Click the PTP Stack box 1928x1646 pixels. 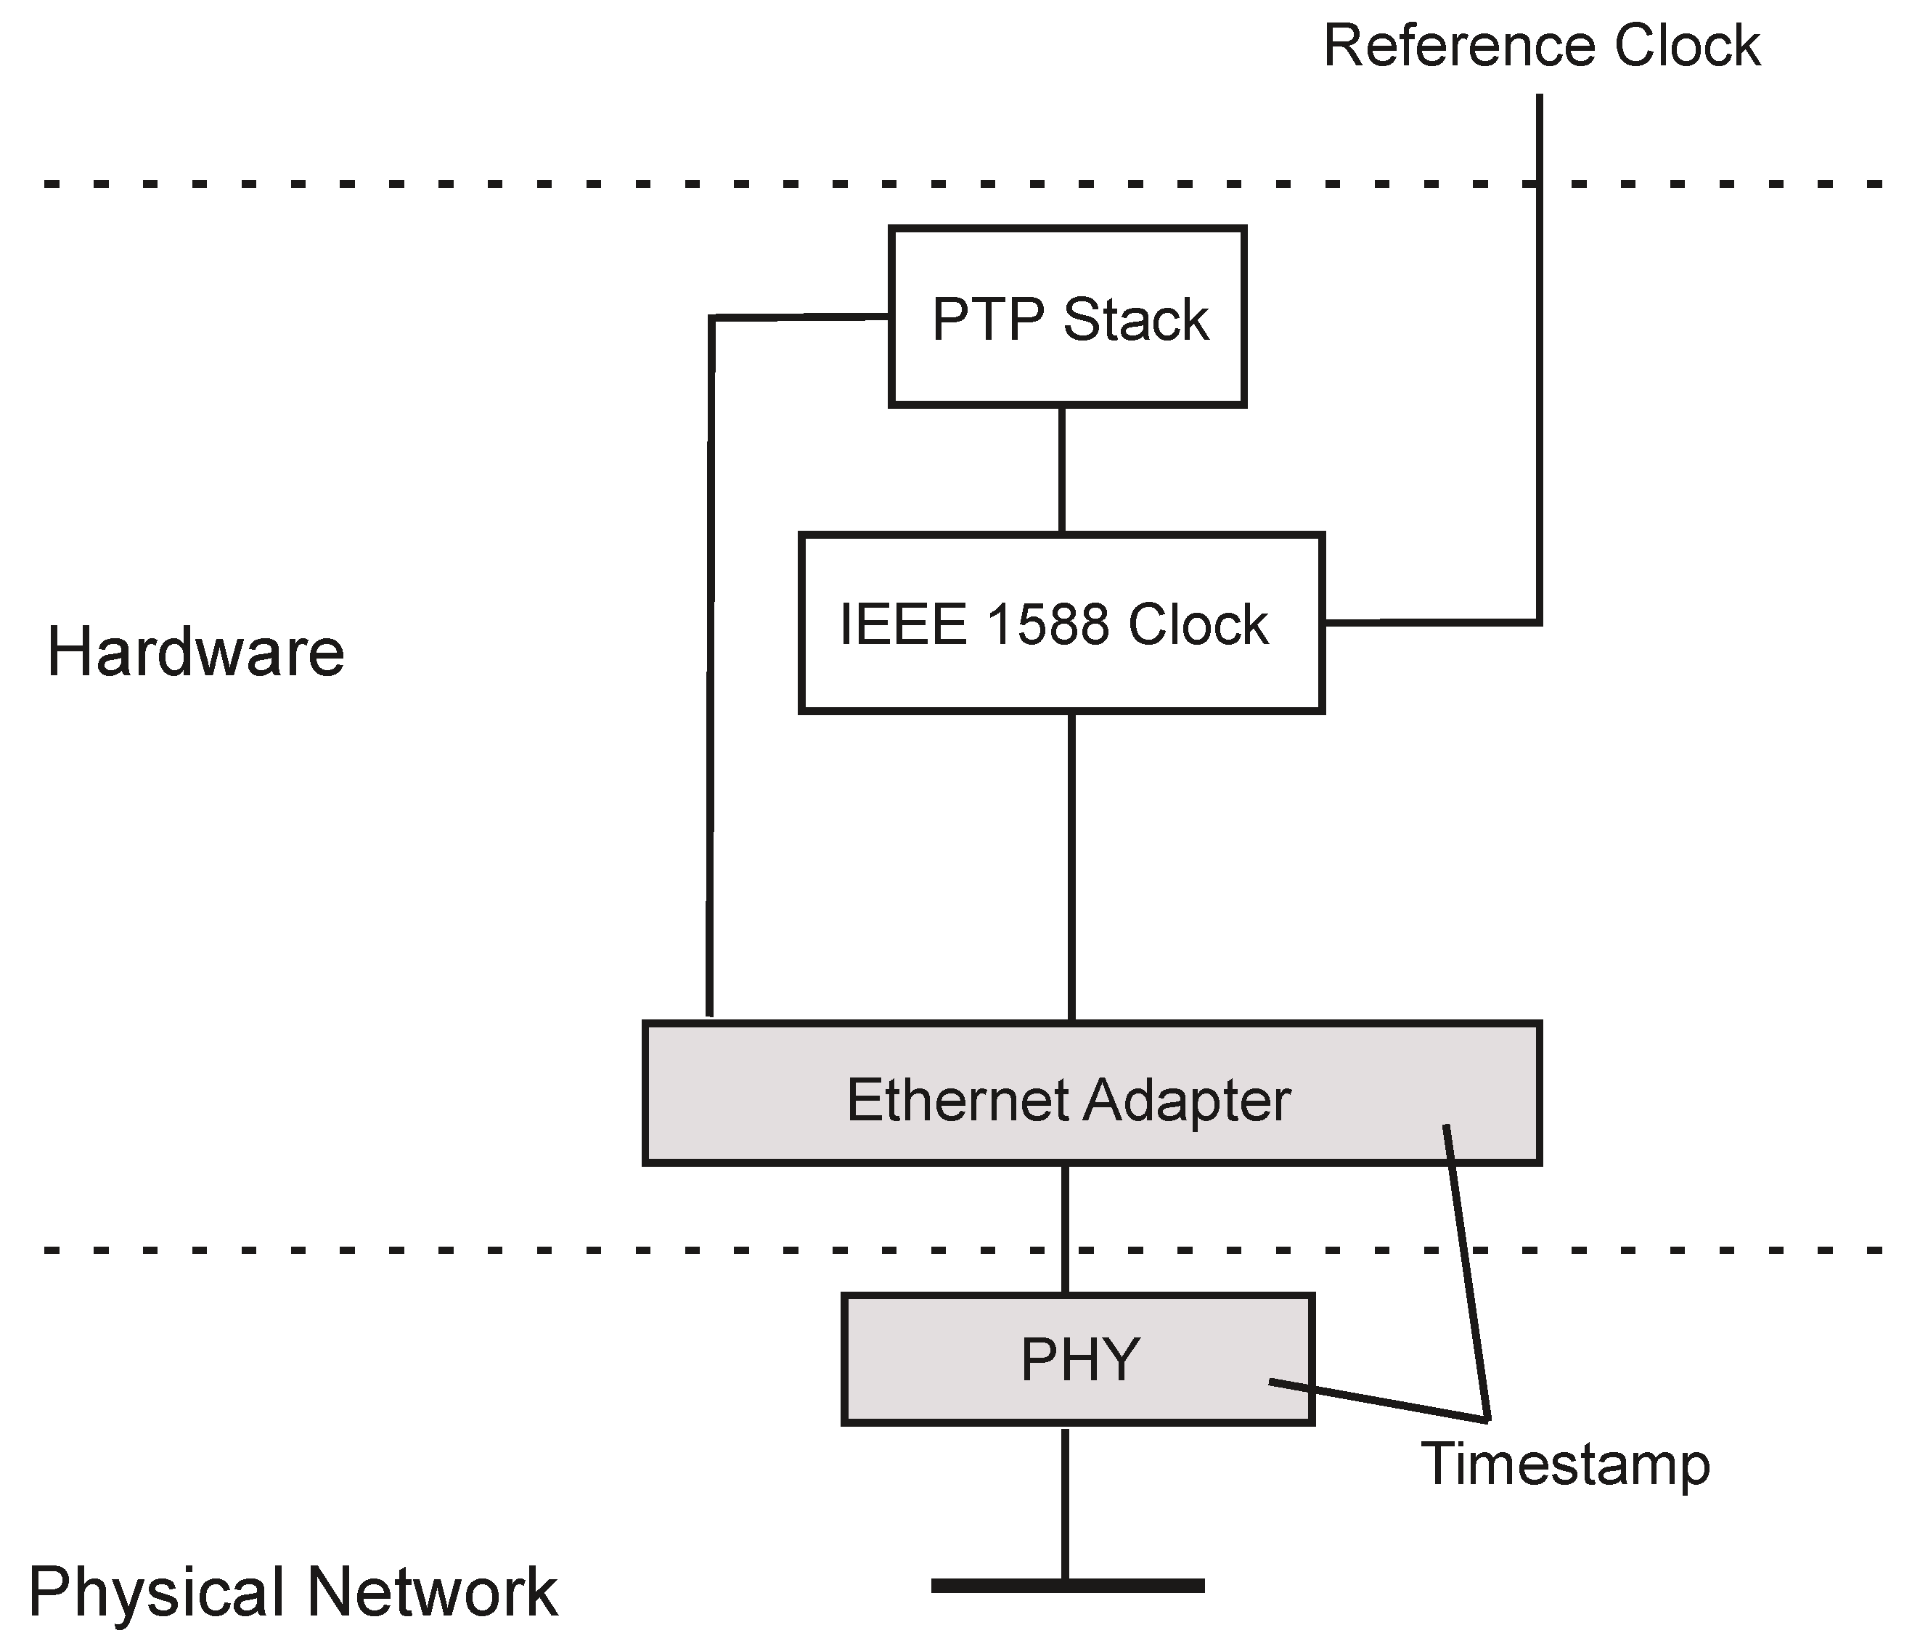(1067, 317)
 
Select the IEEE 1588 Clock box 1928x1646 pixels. (1061, 624)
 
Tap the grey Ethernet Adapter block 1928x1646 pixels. (1092, 1094)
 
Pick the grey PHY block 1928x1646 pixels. (1077, 1359)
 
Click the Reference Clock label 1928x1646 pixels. (1541, 46)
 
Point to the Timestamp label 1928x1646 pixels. (1565, 1464)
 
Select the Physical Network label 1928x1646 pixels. (293, 1593)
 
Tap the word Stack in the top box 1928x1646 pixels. (1135, 320)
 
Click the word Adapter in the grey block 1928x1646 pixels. (1186, 1101)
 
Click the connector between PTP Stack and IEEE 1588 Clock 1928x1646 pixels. (1062, 470)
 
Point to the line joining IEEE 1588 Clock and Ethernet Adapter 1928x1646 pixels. (1072, 865)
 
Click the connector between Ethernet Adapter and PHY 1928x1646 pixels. (1064, 1229)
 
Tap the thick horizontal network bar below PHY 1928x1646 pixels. (1067, 1586)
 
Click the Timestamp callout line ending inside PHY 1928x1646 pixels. (1377, 1401)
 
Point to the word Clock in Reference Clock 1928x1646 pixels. (1686, 46)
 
